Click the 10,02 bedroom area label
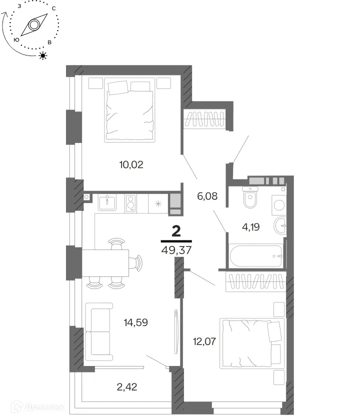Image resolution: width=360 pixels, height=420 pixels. [x=131, y=164]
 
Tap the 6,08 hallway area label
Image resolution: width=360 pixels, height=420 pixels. [x=207, y=196]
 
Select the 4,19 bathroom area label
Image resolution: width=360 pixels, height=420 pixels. [x=251, y=227]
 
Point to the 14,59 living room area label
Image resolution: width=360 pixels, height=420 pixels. [x=136, y=322]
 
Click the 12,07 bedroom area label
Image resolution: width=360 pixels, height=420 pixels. [x=204, y=341]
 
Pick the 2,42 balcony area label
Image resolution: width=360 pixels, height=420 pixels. [x=127, y=387]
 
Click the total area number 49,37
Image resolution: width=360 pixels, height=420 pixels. [x=176, y=250]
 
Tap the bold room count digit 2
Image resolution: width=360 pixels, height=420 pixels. [x=176, y=231]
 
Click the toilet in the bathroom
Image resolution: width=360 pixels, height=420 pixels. [x=250, y=197]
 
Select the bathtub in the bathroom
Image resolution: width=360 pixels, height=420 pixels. [x=256, y=256]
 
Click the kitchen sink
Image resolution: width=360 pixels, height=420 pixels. [x=107, y=202]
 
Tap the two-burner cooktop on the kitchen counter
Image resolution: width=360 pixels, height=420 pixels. [x=130, y=203]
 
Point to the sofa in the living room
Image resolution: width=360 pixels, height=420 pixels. [x=98, y=332]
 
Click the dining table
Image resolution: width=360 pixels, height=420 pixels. [x=105, y=263]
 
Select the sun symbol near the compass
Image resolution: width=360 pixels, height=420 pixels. [x=43, y=55]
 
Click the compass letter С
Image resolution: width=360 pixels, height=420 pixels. [x=53, y=8]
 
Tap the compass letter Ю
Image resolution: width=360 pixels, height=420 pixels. [x=16, y=40]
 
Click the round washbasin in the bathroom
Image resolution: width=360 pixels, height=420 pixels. [x=280, y=225]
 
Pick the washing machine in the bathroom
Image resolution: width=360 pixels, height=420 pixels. [x=279, y=205]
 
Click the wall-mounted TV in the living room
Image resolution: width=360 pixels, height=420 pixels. [x=176, y=332]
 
